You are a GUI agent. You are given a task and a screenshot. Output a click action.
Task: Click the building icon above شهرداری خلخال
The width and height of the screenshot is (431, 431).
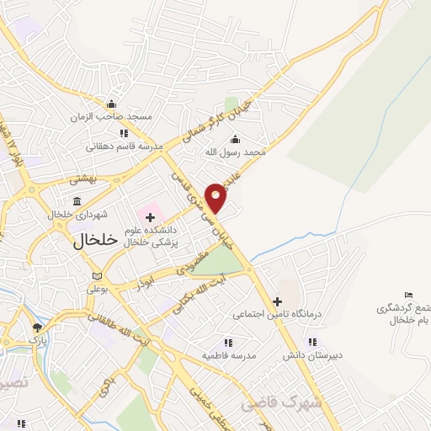pos(77,201)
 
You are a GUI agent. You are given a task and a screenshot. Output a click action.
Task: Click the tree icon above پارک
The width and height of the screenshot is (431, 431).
pos(37,327)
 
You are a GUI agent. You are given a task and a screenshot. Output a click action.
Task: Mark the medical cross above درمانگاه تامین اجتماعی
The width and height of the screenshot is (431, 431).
pos(277,301)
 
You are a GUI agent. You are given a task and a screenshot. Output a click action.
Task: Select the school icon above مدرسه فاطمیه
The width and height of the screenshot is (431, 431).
pos(227,343)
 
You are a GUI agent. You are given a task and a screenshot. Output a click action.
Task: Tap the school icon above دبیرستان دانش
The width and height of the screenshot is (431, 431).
pos(312,342)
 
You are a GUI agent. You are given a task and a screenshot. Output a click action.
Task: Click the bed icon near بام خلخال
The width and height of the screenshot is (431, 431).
pos(409,294)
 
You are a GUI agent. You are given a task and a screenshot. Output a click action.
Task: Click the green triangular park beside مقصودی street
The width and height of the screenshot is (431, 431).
pos(221,264)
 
